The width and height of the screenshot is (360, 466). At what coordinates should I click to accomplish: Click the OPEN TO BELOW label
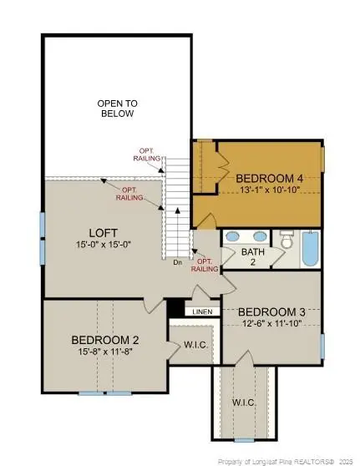click(117, 108)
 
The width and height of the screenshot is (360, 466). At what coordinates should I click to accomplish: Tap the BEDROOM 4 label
click(269, 178)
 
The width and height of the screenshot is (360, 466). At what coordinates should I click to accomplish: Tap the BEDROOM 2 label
click(105, 340)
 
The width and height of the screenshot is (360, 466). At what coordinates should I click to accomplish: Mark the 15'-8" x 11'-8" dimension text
click(105, 352)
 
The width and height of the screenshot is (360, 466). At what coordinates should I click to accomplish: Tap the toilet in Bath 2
click(286, 241)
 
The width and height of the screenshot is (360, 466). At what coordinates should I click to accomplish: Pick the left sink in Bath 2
click(235, 236)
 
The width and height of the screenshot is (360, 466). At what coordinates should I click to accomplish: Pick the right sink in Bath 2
click(261, 236)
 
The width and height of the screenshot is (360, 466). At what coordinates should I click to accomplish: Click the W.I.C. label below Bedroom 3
click(244, 403)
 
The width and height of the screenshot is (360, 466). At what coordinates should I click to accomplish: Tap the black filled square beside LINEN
click(175, 309)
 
